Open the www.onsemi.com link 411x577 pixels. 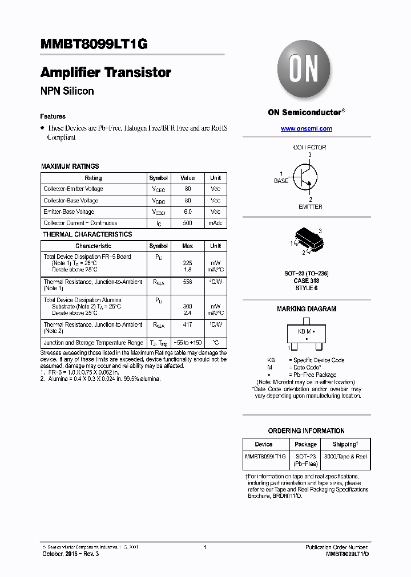click(306, 129)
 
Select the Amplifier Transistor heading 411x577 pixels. click(106, 72)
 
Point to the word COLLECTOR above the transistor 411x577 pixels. click(309, 147)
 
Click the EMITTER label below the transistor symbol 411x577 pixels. click(310, 206)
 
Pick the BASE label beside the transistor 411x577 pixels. click(281, 181)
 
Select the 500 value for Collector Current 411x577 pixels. click(187, 223)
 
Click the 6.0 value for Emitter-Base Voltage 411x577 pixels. click(187, 212)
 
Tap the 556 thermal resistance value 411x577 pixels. click(187, 282)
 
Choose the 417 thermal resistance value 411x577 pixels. click(187, 324)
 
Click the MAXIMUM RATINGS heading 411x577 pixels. click(70, 166)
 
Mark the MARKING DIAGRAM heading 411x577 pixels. click(307, 309)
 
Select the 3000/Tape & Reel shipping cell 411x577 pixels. click(345, 457)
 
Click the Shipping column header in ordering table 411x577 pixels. click(345, 444)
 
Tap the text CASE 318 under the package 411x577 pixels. click(307, 281)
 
